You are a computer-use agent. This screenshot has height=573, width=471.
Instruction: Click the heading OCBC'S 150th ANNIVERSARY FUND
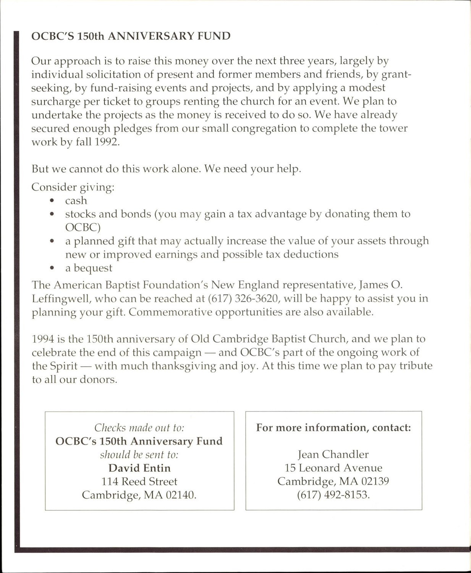point(131,36)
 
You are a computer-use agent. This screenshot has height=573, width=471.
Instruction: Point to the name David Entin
point(139,468)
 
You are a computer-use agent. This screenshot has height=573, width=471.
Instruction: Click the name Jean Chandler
point(333,454)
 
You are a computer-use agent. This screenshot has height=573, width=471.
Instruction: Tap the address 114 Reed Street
point(139,481)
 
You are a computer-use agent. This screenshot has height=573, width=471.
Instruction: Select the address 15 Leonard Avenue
point(333,468)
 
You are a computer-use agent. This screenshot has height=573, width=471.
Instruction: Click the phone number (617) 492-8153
point(333,495)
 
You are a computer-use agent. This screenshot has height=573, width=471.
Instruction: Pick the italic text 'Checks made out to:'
point(139,427)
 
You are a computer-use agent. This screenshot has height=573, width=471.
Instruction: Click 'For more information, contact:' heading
point(333,427)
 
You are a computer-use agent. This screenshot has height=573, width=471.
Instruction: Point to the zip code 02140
point(181,495)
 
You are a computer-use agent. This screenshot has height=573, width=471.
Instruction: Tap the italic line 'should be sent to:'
point(139,455)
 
